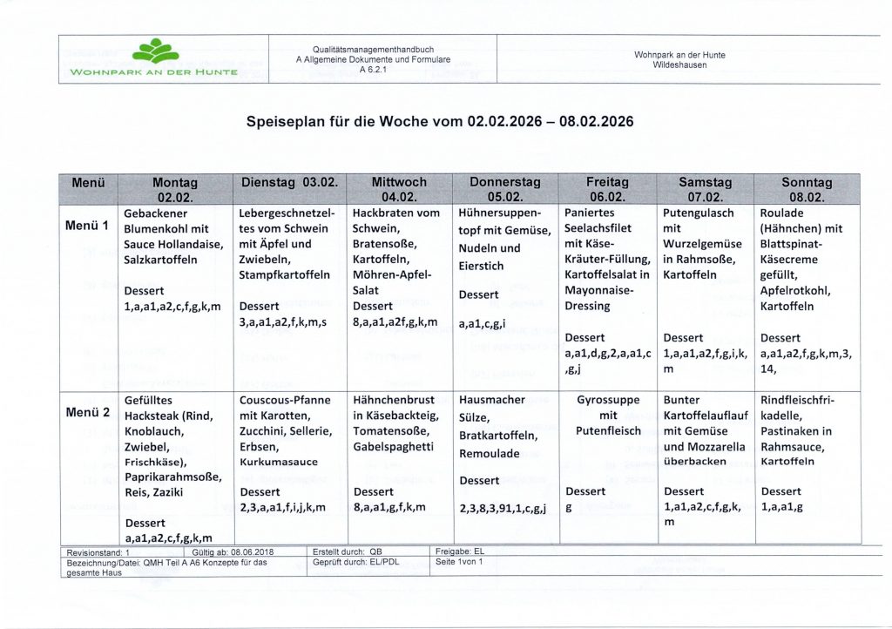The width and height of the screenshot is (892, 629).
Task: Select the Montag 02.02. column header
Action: pyautogui.click(x=175, y=189)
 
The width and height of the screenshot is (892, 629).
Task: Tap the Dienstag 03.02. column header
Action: pyautogui.click(x=290, y=183)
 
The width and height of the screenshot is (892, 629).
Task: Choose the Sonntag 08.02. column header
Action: pyautogui.click(x=807, y=189)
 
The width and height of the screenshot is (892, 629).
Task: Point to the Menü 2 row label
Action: pyautogui.click(x=87, y=412)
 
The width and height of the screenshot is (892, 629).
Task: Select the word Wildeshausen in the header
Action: pyautogui.click(x=679, y=65)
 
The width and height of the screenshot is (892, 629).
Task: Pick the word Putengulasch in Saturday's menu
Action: pyautogui.click(x=699, y=213)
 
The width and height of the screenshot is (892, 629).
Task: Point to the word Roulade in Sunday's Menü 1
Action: pyautogui.click(x=782, y=213)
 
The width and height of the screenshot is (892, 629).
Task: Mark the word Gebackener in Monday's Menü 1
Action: pyautogui.click(x=158, y=213)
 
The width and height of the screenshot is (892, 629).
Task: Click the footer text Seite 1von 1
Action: pyautogui.click(x=458, y=562)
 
